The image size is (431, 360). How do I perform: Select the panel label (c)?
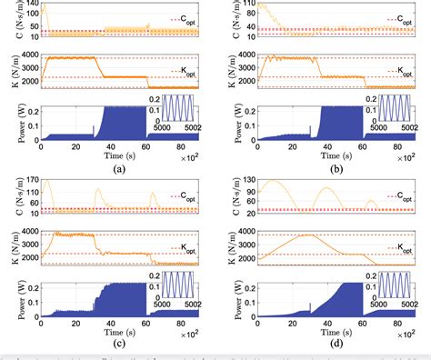tap(117, 343)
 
